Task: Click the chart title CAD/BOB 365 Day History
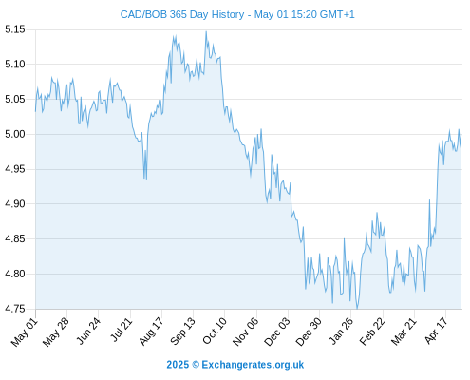182,14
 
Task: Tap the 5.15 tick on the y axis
15,29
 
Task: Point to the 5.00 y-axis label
15,134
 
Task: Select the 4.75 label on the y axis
15,309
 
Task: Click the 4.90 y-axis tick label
15,204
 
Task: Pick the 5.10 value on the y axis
15,65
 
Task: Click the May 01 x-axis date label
25,332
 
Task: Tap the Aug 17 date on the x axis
151,332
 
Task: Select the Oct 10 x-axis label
215,332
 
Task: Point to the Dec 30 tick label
309,332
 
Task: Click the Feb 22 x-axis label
372,332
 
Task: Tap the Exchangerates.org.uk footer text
253,365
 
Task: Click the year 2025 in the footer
178,365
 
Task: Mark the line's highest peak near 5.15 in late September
206,31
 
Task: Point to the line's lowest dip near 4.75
357,308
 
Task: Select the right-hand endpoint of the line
461,135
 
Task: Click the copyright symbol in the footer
196,365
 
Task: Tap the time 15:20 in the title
302,14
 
